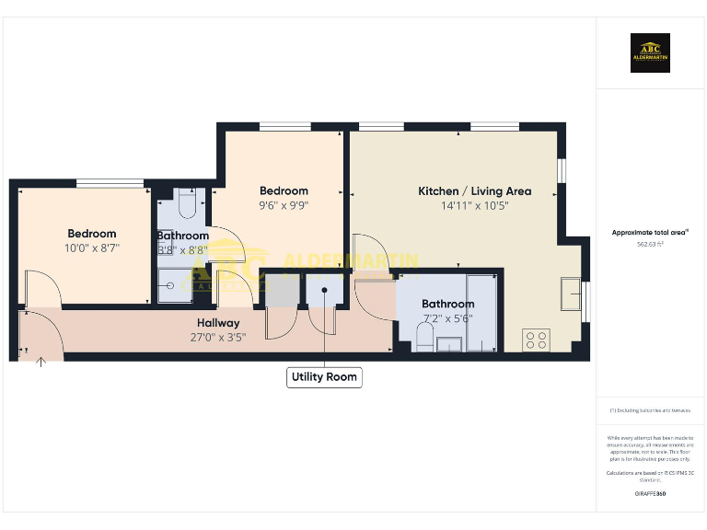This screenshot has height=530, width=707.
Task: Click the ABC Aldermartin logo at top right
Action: [650, 52]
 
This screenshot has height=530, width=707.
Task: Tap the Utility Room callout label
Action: [323, 377]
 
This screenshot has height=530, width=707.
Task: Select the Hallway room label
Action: [218, 323]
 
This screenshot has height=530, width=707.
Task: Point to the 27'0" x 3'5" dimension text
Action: [218, 337]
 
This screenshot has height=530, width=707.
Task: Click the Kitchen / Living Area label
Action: [474, 191]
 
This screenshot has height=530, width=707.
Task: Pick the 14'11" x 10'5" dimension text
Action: [474, 205]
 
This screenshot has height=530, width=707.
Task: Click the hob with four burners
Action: [535, 340]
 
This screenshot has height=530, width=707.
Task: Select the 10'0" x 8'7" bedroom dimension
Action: [91, 248]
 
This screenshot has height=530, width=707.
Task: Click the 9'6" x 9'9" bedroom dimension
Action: [283, 206]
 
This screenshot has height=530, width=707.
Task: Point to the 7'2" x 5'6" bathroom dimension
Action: [447, 317]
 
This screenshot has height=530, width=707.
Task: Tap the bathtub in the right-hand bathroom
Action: [481, 313]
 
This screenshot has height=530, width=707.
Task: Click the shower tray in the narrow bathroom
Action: [172, 285]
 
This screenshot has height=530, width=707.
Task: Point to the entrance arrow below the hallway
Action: [41, 363]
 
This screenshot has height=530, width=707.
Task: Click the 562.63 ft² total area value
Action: [650, 245]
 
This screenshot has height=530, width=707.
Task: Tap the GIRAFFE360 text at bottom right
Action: [650, 494]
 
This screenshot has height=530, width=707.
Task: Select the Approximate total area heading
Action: [650, 233]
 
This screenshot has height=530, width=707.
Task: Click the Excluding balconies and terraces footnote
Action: [650, 410]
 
